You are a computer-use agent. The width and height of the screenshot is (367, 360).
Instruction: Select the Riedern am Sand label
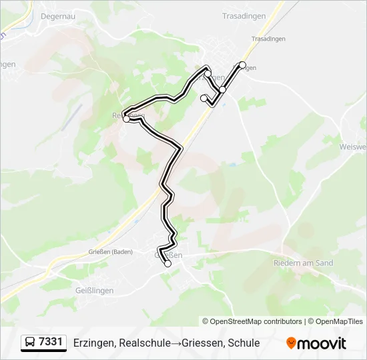[303, 263]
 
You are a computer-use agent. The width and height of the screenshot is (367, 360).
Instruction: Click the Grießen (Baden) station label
[111, 252]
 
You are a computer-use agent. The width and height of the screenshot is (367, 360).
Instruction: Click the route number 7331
[51, 343]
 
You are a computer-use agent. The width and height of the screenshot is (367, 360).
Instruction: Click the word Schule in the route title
[244, 343]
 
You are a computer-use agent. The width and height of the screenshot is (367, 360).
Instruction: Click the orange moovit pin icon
[292, 343]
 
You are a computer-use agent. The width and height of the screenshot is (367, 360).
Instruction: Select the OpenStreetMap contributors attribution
[252, 321]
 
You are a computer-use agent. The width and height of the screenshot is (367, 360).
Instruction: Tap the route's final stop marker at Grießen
[167, 264]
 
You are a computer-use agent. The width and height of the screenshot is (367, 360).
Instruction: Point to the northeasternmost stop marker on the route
[242, 65]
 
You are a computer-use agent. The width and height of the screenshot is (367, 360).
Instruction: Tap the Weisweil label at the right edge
[354, 147]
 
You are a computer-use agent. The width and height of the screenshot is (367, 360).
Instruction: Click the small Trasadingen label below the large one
[268, 39]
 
